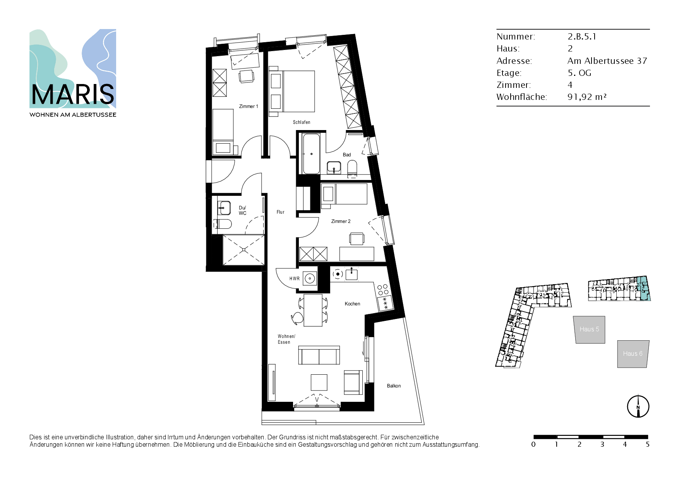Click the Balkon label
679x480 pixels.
pos(394,386)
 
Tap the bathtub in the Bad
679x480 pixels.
pos(311,154)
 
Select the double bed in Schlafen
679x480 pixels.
pos(292,91)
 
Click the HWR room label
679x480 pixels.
pos(295,279)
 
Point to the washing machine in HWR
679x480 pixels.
pos(310,278)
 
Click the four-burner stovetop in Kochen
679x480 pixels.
pos(383,290)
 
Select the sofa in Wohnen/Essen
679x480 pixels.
pos(319,355)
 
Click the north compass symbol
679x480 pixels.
pos(638,406)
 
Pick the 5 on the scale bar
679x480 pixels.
pos(648,444)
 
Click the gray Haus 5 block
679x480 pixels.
pos(589,329)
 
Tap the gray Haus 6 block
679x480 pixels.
pos(633,354)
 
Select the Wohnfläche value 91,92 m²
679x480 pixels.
pos(587,97)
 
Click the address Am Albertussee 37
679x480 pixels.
pos(607,61)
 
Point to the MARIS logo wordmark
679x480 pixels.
pos(73,95)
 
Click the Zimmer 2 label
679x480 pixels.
pos(341,221)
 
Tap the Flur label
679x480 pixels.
pos(280,212)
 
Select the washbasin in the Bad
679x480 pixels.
pos(334,167)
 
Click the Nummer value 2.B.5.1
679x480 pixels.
pos(582,36)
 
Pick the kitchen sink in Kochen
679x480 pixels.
pos(352,274)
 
